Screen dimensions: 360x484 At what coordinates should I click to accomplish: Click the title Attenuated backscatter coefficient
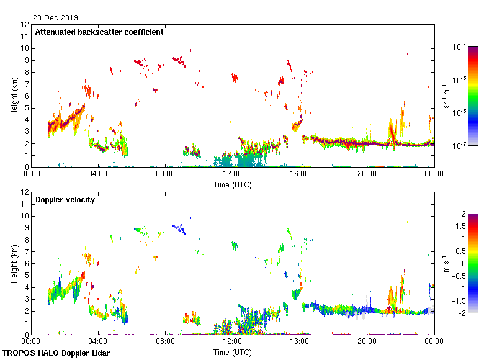coord(99,32)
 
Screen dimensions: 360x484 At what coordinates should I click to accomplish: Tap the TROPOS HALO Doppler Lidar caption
coord(55,353)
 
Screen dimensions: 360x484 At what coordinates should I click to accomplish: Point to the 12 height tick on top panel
coord(25,25)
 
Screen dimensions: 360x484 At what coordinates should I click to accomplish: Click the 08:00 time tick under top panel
coord(166,174)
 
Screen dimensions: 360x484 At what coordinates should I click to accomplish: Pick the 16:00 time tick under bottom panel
coord(300,341)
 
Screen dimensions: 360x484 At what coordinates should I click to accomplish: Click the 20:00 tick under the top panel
coord(367,174)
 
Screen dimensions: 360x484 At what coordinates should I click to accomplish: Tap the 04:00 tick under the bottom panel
coord(99,341)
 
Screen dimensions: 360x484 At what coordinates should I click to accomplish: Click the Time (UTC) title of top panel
coord(233,184)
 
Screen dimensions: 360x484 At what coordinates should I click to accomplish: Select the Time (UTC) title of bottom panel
coord(233,352)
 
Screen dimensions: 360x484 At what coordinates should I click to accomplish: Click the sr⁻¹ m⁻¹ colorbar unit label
coord(447,96)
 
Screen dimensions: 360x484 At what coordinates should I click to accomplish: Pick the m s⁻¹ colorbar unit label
coord(447,264)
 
